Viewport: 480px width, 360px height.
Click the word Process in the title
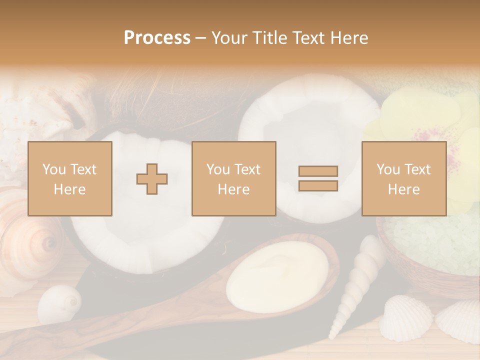click(157, 38)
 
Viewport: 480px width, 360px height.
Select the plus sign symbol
click(152, 178)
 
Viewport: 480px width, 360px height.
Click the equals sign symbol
click(318, 178)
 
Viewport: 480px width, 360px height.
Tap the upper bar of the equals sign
click(318, 171)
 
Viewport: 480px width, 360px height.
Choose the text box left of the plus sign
click(70, 178)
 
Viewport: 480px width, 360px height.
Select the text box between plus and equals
click(233, 178)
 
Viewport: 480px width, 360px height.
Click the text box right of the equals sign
click(404, 178)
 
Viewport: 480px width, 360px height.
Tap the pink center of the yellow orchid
click(425, 135)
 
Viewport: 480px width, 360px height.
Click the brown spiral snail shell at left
click(30, 240)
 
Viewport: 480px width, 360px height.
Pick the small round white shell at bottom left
click(59, 303)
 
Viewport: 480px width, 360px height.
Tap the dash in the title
click(201, 38)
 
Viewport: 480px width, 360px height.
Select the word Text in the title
click(307, 38)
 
